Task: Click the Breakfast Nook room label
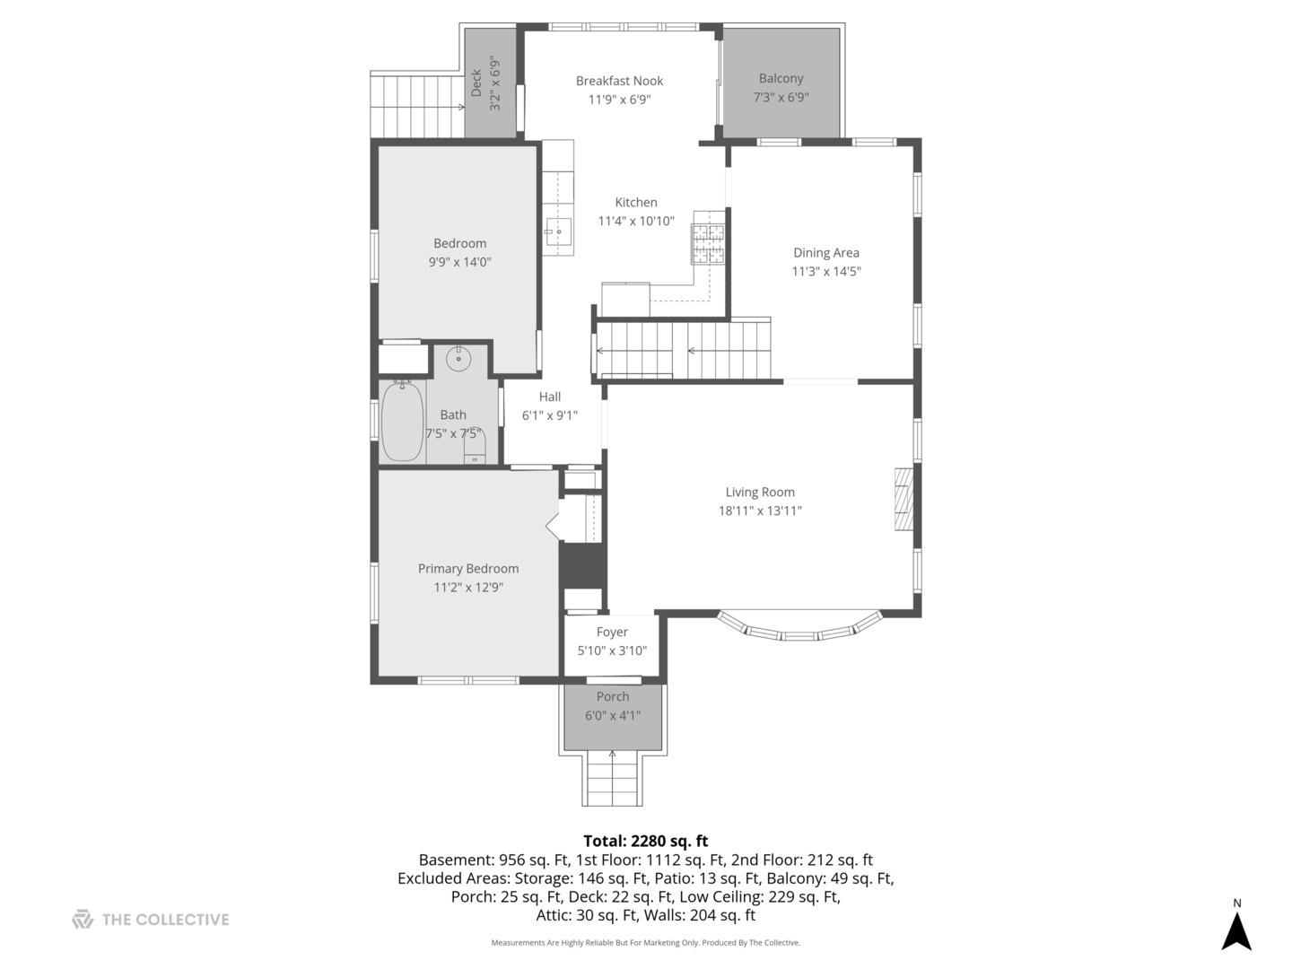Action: pos(619,81)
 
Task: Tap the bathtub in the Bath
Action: pos(402,422)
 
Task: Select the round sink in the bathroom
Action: pos(458,359)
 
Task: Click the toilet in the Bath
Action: pos(475,447)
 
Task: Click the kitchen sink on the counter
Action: pos(558,231)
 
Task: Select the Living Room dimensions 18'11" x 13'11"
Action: pos(760,511)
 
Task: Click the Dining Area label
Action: pos(825,253)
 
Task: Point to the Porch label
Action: pos(613,696)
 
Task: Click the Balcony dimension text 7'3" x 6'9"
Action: pos(781,97)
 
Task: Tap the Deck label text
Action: pos(476,83)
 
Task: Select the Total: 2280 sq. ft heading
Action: pos(645,841)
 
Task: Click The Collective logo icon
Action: pos(83,919)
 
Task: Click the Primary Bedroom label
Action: pos(467,569)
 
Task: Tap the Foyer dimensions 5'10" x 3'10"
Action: pos(612,651)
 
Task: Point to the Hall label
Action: pos(550,397)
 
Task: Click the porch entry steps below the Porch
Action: pos(613,779)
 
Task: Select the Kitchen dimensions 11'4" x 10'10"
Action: pos(636,221)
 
